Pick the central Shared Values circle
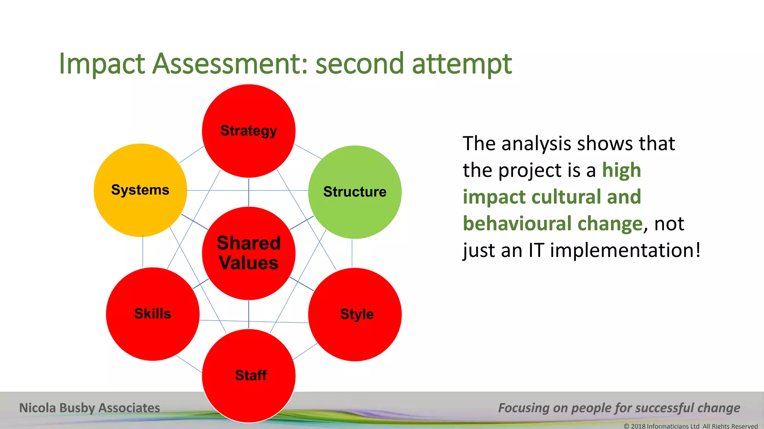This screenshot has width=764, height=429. point(249,253)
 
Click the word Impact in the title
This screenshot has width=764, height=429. point(101,64)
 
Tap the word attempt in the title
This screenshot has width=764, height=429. point(462,64)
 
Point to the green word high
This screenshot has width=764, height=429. point(621,171)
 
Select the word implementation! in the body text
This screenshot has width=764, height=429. point(625,250)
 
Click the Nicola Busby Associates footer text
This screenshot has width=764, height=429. point(90,408)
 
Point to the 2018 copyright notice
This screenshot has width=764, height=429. point(691,426)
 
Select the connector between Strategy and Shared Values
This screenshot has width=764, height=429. point(249,192)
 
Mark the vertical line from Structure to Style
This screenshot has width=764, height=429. point(352,253)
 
